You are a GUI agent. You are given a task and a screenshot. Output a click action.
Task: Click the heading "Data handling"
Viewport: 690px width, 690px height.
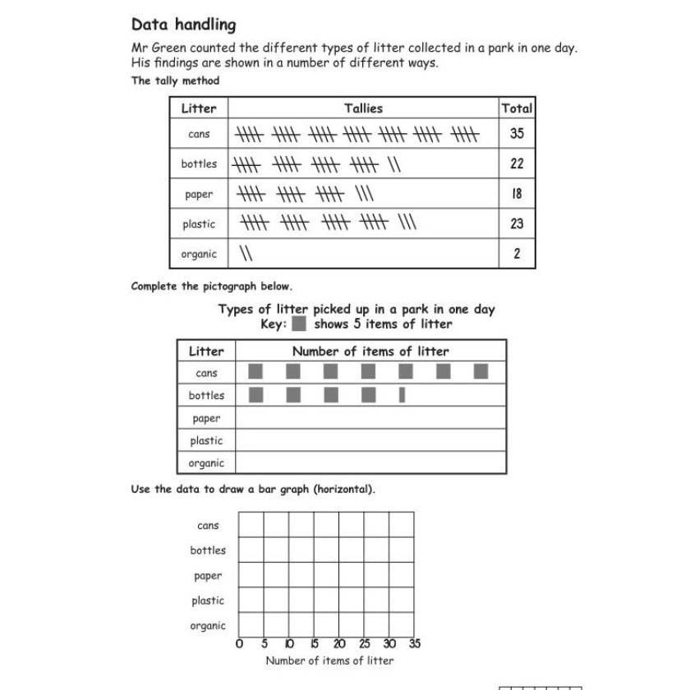tap(183, 25)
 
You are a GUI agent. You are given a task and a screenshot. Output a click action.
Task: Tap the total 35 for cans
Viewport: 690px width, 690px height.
tap(517, 134)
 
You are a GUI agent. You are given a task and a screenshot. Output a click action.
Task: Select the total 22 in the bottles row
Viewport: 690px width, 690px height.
tap(517, 163)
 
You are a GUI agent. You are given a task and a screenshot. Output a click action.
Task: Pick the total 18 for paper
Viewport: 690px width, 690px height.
tap(517, 194)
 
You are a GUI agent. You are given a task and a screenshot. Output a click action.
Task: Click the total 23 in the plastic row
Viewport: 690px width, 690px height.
tap(517, 223)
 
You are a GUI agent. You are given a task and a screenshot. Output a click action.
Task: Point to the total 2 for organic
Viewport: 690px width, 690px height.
tap(517, 254)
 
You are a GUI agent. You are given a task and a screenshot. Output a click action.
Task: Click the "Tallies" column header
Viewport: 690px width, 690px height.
tap(363, 108)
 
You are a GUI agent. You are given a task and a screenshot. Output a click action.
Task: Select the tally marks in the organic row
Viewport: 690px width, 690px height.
tap(245, 254)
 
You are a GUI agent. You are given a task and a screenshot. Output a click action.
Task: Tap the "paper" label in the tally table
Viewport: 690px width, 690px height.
tap(199, 194)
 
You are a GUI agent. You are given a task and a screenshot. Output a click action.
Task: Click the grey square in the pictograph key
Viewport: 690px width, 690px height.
tap(300, 324)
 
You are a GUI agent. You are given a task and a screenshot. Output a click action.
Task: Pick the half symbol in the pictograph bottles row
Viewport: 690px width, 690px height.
tap(402, 395)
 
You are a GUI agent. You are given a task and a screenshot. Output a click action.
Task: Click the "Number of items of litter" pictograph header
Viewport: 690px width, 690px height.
tap(370, 352)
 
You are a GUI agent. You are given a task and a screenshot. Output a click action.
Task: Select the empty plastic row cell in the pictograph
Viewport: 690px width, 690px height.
tap(370, 440)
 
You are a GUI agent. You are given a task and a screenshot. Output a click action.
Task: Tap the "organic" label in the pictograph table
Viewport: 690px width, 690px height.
tap(206, 463)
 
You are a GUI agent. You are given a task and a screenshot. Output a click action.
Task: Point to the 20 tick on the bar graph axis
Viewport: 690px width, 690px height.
tap(339, 644)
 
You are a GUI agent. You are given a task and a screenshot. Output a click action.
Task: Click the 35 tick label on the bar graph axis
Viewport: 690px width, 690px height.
tap(414, 644)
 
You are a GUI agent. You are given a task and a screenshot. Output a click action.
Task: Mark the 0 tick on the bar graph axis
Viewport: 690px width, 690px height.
tap(239, 644)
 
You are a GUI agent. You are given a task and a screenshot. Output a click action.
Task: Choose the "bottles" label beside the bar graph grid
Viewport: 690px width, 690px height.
tap(208, 550)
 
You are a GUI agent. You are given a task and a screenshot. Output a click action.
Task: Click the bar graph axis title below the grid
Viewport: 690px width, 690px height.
tap(329, 660)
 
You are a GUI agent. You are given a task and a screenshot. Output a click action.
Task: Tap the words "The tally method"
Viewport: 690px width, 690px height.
tap(175, 80)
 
